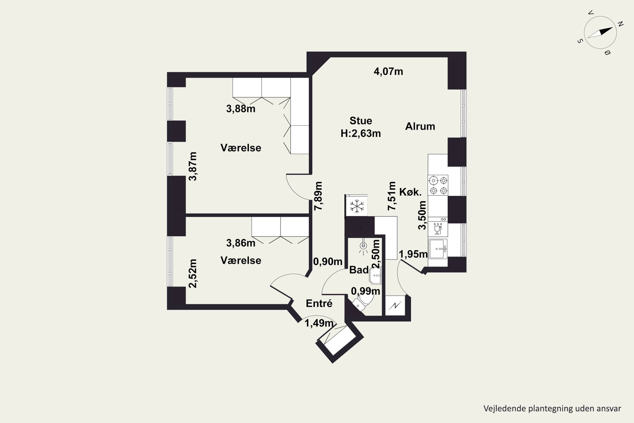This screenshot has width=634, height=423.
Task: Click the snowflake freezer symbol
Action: coord(357,207)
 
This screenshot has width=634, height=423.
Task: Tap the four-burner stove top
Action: coord(438,185)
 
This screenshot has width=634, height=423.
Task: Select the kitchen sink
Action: coord(438,249)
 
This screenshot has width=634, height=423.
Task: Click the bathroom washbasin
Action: coord(375,275)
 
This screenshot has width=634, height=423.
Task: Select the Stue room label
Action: coord(361,121)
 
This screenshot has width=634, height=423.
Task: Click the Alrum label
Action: coord(420,126)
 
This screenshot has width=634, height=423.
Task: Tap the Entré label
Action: coord(319,304)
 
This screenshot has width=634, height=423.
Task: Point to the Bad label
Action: coord(359,270)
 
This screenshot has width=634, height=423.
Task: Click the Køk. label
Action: coord(410,192)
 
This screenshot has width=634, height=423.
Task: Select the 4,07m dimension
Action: coord(388,71)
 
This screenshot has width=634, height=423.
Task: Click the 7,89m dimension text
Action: coord(318,196)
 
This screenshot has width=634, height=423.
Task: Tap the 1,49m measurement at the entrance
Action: coord(319,323)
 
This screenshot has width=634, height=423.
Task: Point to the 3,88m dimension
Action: coord(241,109)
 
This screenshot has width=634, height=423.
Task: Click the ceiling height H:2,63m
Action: coord(361,133)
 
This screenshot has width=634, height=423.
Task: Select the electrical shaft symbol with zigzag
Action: coord(395,306)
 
